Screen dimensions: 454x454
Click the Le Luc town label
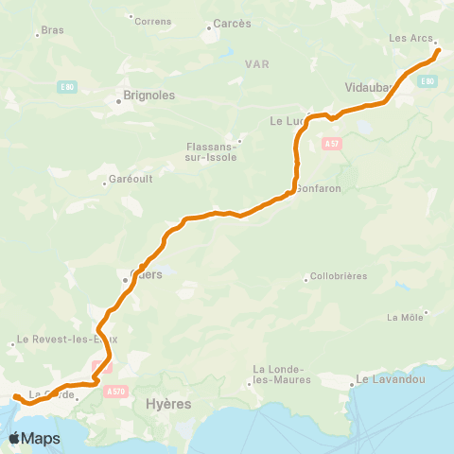coord(285,121)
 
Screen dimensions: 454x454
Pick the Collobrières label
coord(337,279)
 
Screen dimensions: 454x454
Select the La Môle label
coord(406,318)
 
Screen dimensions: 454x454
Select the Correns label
coord(153,21)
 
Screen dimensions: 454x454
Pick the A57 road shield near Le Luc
coord(330,144)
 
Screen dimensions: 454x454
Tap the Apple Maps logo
coord(35,438)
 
